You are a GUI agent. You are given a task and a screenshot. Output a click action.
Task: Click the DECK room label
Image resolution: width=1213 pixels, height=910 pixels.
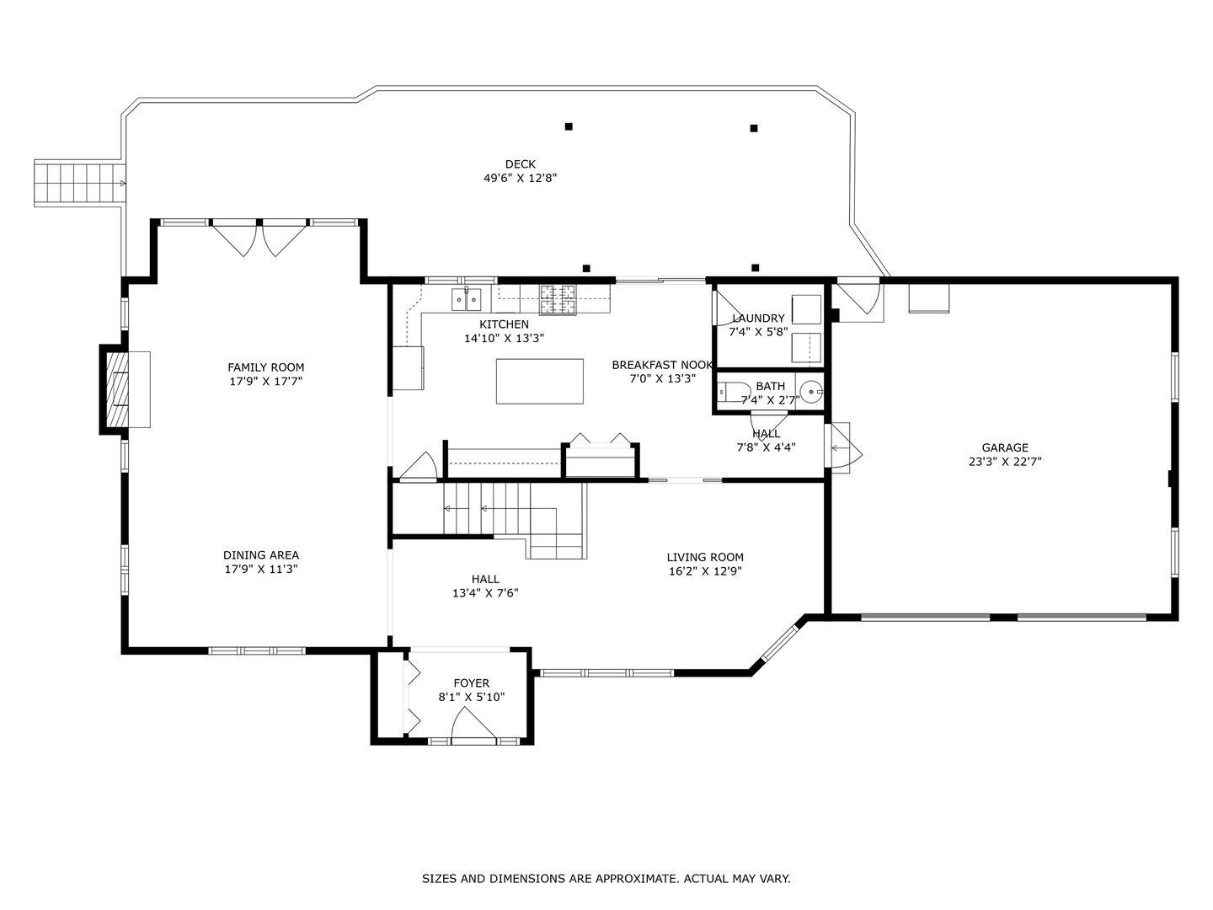pyautogui.click(x=520, y=164)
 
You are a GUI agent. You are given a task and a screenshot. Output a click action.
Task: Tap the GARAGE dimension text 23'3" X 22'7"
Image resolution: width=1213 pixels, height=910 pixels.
pyautogui.click(x=1005, y=461)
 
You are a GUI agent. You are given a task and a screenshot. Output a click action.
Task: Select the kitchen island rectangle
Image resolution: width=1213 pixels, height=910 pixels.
pyautogui.click(x=539, y=381)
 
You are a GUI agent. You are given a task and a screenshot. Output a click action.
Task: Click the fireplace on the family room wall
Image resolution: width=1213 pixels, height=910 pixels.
pyautogui.click(x=116, y=389)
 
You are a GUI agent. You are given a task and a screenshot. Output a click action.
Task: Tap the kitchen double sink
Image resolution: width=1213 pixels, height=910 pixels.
pyautogui.click(x=466, y=297)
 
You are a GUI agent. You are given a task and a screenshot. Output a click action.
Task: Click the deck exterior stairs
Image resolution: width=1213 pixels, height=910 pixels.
pyautogui.click(x=77, y=183)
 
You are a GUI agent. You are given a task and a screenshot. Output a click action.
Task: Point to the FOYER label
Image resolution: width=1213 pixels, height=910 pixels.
pyautogui.click(x=471, y=683)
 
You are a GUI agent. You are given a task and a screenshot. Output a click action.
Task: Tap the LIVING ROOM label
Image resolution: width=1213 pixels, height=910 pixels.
pyautogui.click(x=705, y=557)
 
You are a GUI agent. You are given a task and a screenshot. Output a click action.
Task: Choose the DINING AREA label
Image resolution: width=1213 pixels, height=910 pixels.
pyautogui.click(x=260, y=555)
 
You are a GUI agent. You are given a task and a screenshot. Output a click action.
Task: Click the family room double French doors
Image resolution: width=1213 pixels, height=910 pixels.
pyautogui.click(x=260, y=238)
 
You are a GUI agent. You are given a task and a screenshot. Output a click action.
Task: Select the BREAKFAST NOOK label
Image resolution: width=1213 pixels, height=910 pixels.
pyautogui.click(x=662, y=365)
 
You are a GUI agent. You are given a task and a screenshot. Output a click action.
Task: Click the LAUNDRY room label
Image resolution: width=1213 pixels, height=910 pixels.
pyautogui.click(x=758, y=318)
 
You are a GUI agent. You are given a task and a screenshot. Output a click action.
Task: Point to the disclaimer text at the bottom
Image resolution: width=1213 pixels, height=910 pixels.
pyautogui.click(x=606, y=879)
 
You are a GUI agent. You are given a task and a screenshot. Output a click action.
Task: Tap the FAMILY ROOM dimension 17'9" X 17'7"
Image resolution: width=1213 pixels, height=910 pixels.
pyautogui.click(x=265, y=381)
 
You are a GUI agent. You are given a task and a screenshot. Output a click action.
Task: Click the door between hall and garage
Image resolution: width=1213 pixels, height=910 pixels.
pyautogui.click(x=845, y=444)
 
